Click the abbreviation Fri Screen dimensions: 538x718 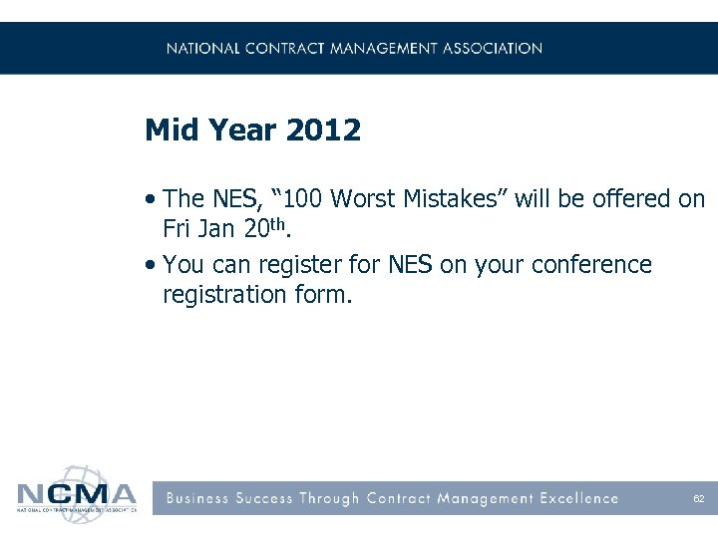[179, 229]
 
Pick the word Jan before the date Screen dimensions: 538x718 [217, 229]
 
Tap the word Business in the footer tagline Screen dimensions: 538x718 [198, 498]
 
